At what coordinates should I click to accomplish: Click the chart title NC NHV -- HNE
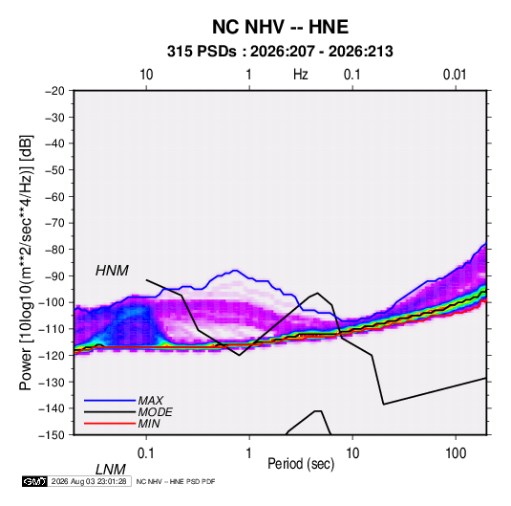[280, 27]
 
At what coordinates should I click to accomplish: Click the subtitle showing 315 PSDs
[280, 52]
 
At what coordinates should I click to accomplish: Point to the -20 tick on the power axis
[54, 91]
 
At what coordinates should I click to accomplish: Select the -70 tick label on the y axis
[54, 223]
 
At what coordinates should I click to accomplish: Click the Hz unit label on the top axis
[301, 75]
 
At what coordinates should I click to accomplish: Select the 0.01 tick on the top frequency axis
[455, 75]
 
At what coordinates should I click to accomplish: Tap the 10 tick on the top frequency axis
[146, 75]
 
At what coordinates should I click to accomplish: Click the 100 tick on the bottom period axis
[456, 453]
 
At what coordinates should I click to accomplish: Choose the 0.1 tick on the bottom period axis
[146, 453]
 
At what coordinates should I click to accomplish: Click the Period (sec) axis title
[301, 464]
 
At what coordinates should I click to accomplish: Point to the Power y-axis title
[26, 262]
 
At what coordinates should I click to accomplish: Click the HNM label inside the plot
[112, 271]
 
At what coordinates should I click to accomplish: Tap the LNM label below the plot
[110, 470]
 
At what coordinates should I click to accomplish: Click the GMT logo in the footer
[34, 481]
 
